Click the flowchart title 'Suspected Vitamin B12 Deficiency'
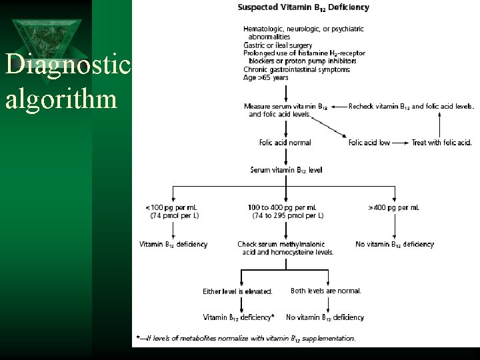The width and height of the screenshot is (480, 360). (x=303, y=8)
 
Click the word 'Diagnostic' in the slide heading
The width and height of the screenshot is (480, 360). (x=67, y=66)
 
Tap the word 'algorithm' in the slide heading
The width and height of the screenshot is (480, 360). (x=61, y=99)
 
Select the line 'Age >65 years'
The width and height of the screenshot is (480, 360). (x=266, y=77)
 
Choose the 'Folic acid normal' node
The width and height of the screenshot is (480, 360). (x=285, y=143)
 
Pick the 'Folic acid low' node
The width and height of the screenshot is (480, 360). (x=369, y=143)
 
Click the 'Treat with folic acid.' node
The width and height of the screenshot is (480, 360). (x=441, y=143)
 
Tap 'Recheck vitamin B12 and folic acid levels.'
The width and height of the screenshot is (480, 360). (x=411, y=106)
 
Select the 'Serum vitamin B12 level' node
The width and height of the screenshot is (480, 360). (x=286, y=170)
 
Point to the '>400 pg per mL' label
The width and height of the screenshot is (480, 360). (x=393, y=208)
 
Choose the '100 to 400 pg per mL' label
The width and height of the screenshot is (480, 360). (x=282, y=208)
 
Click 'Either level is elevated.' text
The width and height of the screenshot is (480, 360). (x=237, y=291)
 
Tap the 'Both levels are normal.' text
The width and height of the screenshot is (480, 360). (x=326, y=291)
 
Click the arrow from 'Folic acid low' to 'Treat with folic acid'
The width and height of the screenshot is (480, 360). (x=401, y=143)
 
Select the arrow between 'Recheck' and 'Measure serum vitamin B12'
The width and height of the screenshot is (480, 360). (x=338, y=106)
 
